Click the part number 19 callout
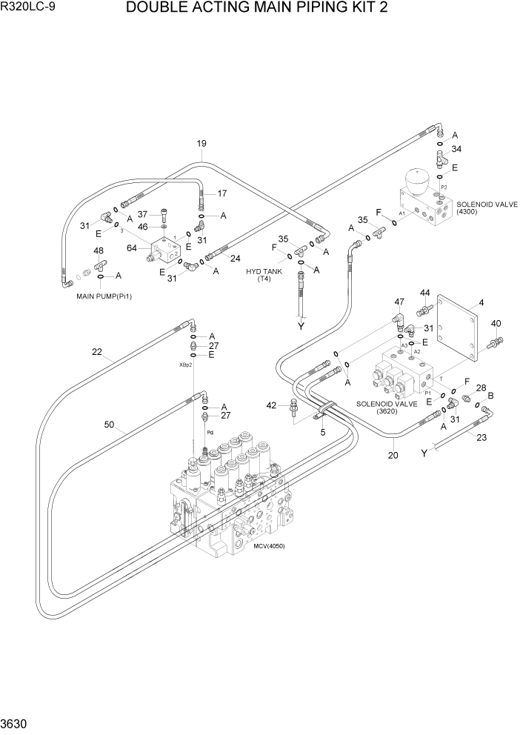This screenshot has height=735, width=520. [201, 144]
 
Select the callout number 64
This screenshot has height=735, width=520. [133, 247]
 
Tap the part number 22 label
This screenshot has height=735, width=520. [97, 352]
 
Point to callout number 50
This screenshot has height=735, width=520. [109, 425]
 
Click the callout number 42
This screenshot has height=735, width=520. [271, 405]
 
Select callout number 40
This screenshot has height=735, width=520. [496, 323]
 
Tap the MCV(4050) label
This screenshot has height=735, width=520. [268, 546]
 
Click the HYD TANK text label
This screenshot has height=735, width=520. [264, 272]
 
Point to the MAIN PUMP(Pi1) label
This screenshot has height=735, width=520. [104, 296]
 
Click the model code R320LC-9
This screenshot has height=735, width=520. [28, 8]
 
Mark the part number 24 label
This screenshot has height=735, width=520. [235, 259]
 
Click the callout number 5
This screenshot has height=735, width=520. [322, 431]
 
